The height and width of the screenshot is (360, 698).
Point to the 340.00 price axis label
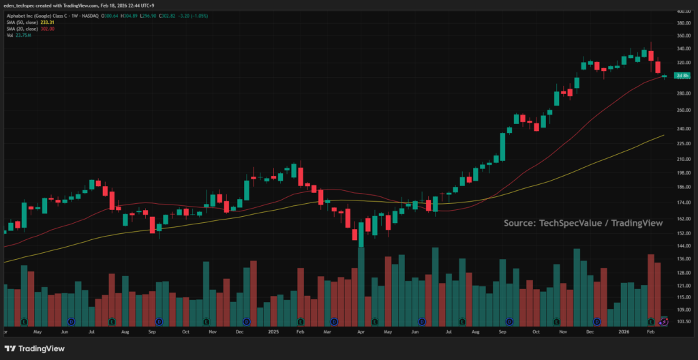pyautogui.click(x=683, y=48)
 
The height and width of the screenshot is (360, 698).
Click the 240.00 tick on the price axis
pyautogui.click(x=683, y=128)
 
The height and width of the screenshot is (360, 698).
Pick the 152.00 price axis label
pyautogui.click(x=683, y=232)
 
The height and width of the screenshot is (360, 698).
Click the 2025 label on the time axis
pyautogui.click(x=273, y=331)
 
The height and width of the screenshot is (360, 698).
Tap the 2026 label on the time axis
pyautogui.click(x=624, y=331)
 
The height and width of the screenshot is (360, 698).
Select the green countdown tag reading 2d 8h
pyautogui.click(x=682, y=75)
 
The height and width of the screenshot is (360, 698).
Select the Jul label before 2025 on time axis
pyautogui.click(x=91, y=331)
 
